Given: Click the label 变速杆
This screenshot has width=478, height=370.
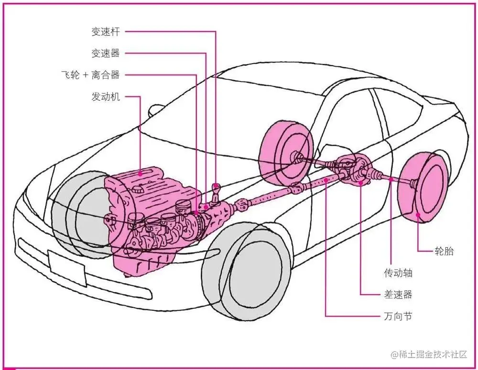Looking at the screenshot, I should point(105,32).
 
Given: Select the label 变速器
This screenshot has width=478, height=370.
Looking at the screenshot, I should point(105,53).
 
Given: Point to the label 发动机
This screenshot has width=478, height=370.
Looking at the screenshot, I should point(105,97).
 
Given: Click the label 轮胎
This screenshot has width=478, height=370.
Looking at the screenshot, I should point(444,251).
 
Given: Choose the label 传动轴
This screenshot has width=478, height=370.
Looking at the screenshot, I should point(398,273).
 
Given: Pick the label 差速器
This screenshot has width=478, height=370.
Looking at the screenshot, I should point(398,294).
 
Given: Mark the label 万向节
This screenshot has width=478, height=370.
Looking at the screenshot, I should point(398,316).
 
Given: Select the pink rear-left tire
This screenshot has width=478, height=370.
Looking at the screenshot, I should point(286,153).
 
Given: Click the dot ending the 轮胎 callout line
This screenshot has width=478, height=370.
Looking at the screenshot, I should point(418,215).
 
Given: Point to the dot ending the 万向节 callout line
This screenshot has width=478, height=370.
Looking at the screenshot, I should point(326,180).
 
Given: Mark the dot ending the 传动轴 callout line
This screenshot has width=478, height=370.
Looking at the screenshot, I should point(391,180).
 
